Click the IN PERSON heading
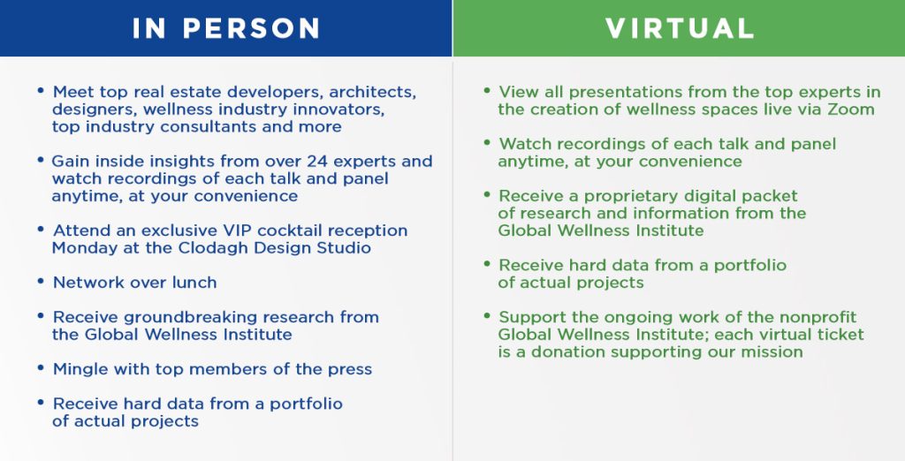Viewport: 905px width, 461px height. tap(225, 28)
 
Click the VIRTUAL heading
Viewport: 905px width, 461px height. tap(680, 28)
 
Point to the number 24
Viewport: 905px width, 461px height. tap(317, 161)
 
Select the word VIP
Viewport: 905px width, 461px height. tap(238, 230)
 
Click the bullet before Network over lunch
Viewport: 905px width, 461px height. tap(41, 281)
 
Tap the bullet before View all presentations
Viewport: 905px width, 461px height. tap(487, 91)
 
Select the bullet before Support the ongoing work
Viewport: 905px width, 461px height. tap(487, 315)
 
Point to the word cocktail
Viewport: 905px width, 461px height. tap(290, 230)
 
